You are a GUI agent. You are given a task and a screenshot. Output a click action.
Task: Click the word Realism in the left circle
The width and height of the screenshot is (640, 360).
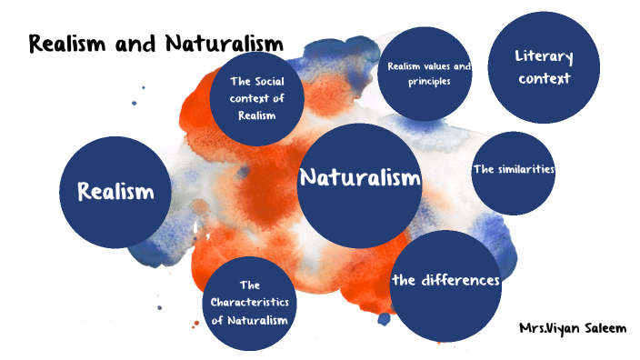pyautogui.click(x=115, y=192)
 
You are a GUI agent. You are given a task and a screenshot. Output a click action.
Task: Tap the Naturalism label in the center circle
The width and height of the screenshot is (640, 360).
pyautogui.click(x=360, y=177)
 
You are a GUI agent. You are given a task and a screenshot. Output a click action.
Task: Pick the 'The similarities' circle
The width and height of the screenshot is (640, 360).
pyautogui.click(x=514, y=172)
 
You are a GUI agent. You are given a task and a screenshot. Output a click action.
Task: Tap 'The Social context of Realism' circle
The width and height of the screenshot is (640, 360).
pyautogui.click(x=257, y=98)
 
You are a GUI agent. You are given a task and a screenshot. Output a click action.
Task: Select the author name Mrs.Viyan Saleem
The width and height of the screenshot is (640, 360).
pyautogui.click(x=572, y=327)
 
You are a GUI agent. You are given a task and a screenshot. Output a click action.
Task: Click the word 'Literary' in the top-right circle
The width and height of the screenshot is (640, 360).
pyautogui.click(x=545, y=57)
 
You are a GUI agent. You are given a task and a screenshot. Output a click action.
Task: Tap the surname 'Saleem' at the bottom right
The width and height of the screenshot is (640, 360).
pyautogui.click(x=603, y=327)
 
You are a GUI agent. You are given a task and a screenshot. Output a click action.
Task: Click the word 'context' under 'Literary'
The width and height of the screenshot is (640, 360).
pyautogui.click(x=545, y=78)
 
